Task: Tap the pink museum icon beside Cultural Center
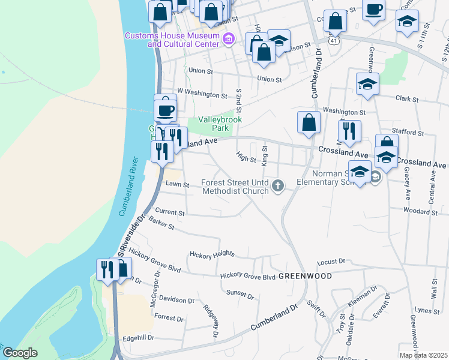[228, 40]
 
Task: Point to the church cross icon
[277, 187]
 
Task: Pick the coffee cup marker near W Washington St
[165, 110]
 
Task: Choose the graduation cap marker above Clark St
[367, 84]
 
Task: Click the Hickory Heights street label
[211, 254]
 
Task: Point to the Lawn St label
[178, 185]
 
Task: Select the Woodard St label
[420, 212]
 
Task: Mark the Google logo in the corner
[20, 353]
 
